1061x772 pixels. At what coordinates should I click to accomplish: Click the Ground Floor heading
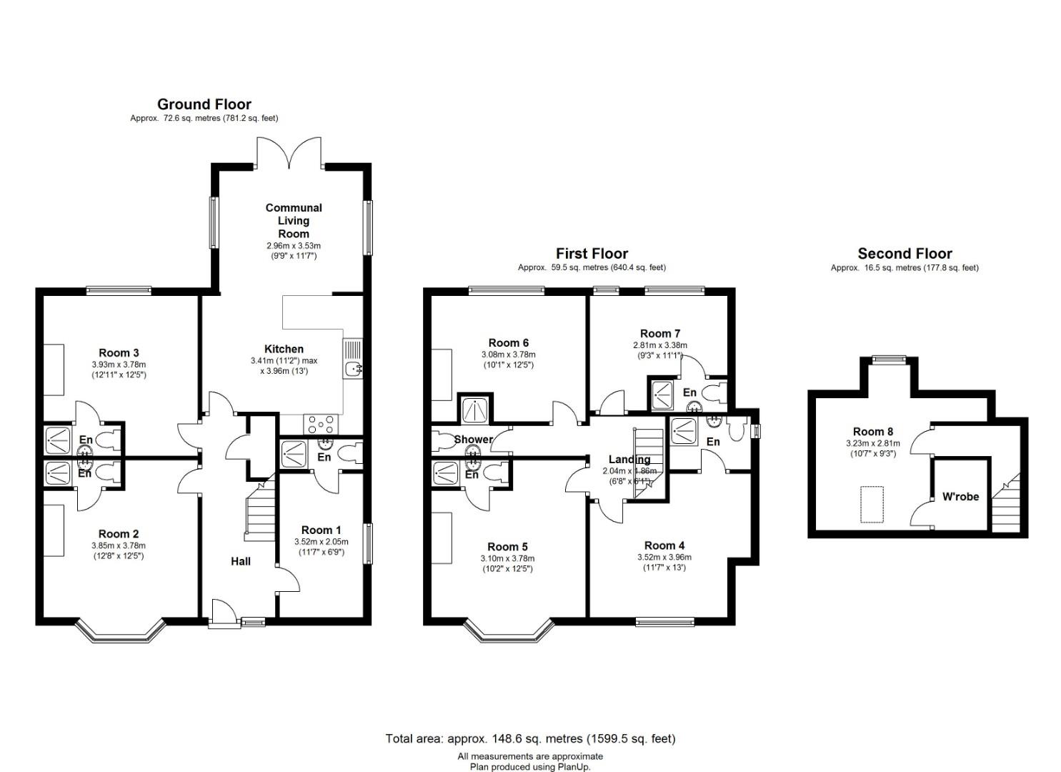pyautogui.click(x=204, y=104)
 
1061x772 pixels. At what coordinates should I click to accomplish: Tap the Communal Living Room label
pyautogui.click(x=294, y=221)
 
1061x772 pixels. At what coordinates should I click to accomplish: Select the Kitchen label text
pyautogui.click(x=284, y=350)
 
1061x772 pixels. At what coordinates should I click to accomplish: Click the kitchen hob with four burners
pyautogui.click(x=321, y=424)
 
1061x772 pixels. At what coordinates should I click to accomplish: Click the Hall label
pyautogui.click(x=241, y=562)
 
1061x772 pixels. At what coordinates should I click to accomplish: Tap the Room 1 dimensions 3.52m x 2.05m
pyautogui.click(x=321, y=542)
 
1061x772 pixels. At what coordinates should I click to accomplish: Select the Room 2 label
pyautogui.click(x=119, y=535)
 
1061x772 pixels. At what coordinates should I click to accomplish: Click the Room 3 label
pyautogui.click(x=119, y=353)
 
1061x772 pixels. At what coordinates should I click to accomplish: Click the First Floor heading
pyautogui.click(x=592, y=254)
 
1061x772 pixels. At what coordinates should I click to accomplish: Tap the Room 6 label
pyautogui.click(x=508, y=342)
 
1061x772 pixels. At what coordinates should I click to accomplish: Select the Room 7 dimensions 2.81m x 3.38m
pyautogui.click(x=659, y=345)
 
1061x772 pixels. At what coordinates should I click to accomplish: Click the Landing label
pyautogui.click(x=629, y=459)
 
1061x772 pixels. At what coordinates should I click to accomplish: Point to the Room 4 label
pyautogui.click(x=664, y=545)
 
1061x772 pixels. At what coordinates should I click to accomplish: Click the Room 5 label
pyautogui.click(x=507, y=547)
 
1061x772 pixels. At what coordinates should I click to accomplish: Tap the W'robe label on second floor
pyautogui.click(x=960, y=497)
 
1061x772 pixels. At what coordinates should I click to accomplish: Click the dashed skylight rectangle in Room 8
pyautogui.click(x=872, y=504)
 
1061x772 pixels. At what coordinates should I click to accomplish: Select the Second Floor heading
pyautogui.click(x=905, y=254)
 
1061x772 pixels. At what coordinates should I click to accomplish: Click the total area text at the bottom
pyautogui.click(x=530, y=738)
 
